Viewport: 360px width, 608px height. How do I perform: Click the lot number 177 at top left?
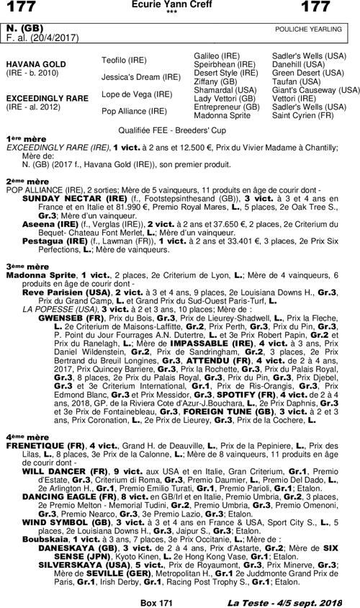(x=22, y=8)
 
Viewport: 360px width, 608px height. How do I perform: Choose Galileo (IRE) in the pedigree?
(x=217, y=55)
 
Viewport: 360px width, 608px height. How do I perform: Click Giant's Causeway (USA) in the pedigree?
(x=315, y=90)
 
